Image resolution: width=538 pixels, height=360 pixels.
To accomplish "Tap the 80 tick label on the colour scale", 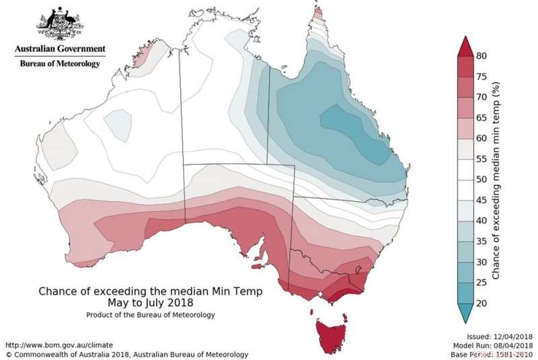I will click(x=482, y=56).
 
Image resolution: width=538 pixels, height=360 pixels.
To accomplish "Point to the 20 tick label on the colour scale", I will click(x=482, y=303).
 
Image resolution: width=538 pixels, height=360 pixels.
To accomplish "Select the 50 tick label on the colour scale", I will click(x=482, y=180).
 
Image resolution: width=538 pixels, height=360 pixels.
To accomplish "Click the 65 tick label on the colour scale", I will click(x=482, y=118).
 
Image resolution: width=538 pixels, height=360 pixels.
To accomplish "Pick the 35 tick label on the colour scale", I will click(x=482, y=242).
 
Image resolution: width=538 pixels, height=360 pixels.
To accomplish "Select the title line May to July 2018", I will click(x=151, y=303).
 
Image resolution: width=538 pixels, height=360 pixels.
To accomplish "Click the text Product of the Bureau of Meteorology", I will click(x=151, y=314).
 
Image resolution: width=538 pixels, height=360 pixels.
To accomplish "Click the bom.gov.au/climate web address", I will click(x=53, y=344).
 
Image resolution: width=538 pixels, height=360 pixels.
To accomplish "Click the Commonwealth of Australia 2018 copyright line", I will click(x=126, y=354).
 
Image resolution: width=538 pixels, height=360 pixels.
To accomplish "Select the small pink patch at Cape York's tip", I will click(x=317, y=13).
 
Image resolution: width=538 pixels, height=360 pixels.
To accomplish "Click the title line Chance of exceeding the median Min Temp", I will click(x=151, y=291).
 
